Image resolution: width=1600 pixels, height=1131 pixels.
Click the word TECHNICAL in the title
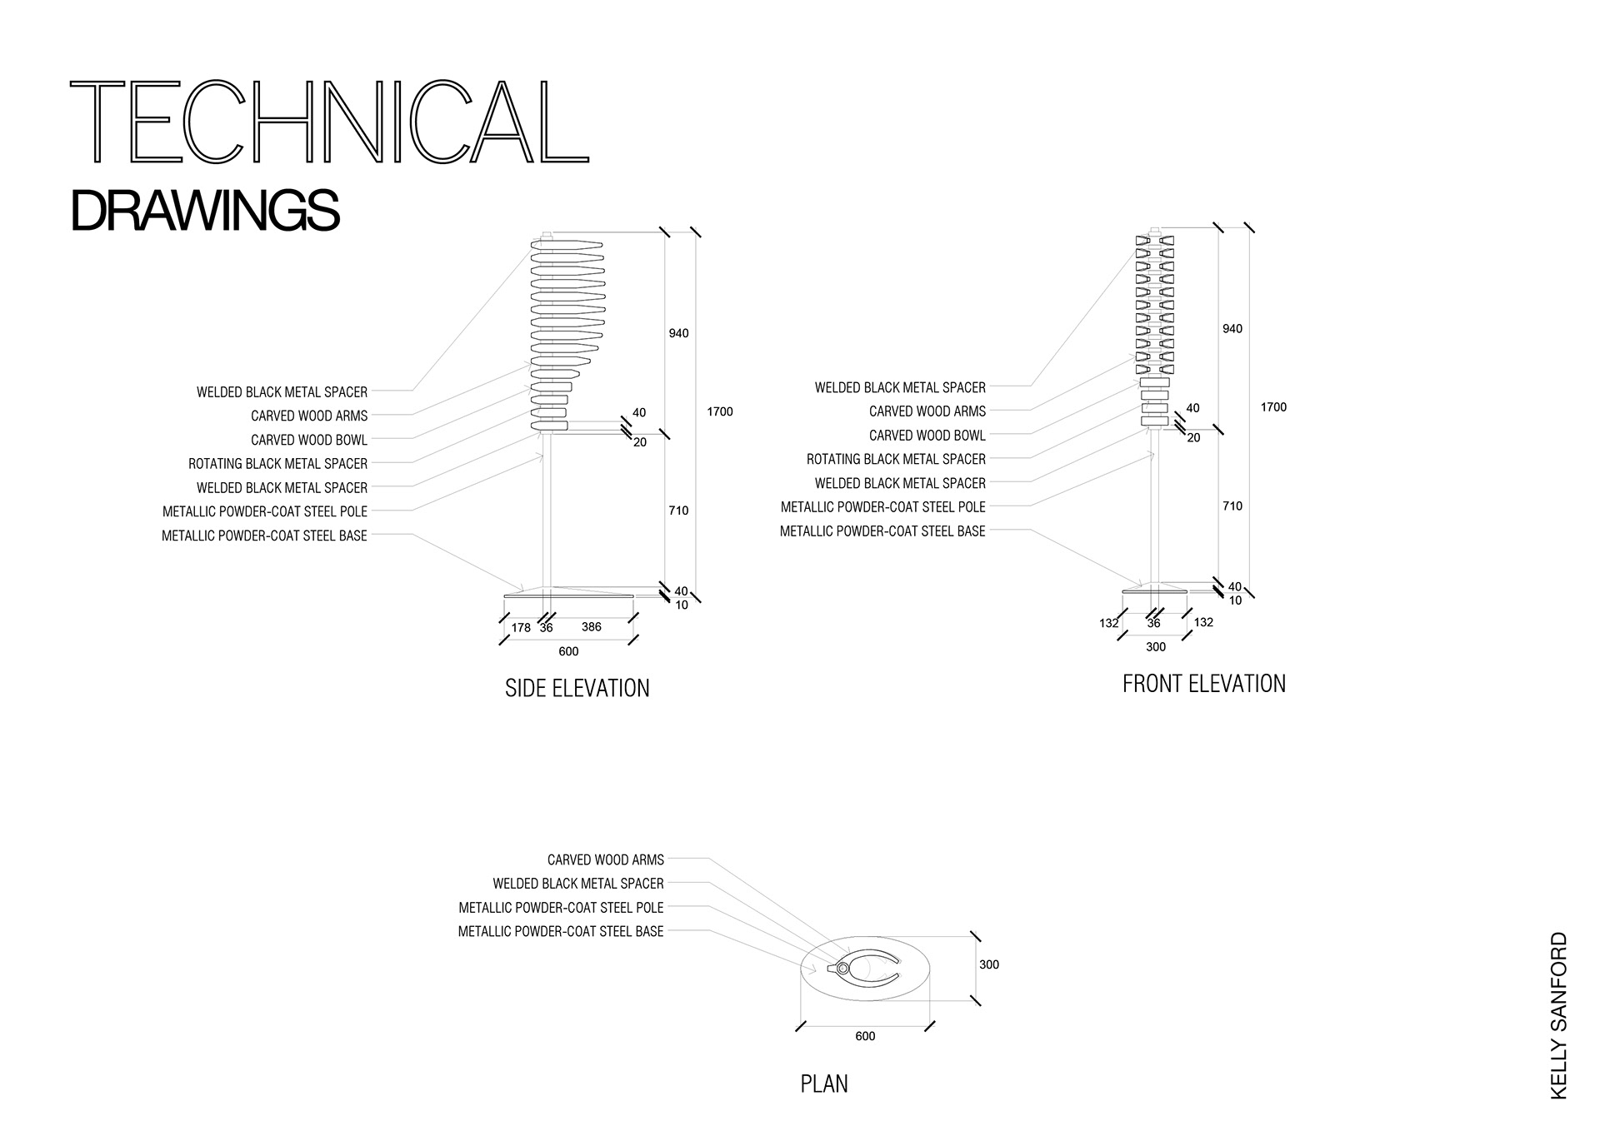[329, 122]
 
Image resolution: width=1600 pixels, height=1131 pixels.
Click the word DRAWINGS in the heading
[205, 211]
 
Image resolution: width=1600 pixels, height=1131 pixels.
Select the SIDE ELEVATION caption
[577, 688]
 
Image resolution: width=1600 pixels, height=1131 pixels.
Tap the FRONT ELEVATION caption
[1203, 684]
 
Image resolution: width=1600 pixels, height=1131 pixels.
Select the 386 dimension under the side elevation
[591, 627]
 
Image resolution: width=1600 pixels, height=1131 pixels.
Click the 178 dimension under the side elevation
[521, 628]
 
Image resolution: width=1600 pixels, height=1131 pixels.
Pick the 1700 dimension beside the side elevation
[719, 411]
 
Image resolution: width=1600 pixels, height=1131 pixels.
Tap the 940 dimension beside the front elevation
[1232, 329]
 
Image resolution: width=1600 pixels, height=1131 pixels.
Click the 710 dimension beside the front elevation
[1232, 506]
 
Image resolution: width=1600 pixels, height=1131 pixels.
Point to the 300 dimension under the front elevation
[1155, 647]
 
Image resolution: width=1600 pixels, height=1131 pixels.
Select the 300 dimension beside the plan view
[988, 964]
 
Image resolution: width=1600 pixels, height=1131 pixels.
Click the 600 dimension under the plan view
[865, 1036]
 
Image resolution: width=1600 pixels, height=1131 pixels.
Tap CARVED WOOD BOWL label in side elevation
[308, 440]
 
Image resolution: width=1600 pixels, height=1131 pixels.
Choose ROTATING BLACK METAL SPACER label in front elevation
[896, 459]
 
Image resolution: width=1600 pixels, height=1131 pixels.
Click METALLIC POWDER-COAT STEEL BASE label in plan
[561, 931]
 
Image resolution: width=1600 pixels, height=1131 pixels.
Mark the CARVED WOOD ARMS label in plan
[605, 859]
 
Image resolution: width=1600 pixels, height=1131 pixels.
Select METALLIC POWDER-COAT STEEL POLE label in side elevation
[265, 511]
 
